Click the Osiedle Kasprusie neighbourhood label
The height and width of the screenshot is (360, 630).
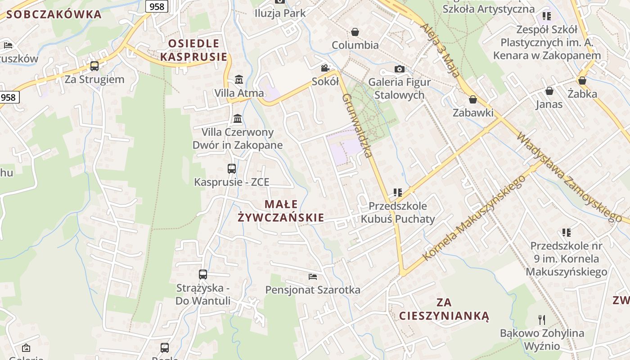(194, 50)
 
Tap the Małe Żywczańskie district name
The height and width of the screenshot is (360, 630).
(281, 211)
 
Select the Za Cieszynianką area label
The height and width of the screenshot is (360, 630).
(444, 309)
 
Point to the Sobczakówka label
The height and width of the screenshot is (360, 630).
(54, 14)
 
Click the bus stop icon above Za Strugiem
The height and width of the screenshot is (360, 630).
(94, 66)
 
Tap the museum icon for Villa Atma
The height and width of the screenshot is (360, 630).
(239, 80)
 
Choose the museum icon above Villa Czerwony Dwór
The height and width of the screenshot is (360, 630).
(238, 119)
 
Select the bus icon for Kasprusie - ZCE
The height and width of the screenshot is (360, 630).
(232, 169)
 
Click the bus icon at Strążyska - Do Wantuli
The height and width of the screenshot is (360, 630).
(203, 274)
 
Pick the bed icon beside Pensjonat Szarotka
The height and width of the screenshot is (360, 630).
(313, 276)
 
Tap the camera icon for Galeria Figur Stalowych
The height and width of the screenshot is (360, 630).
(399, 69)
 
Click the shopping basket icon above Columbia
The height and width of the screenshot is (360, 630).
(355, 32)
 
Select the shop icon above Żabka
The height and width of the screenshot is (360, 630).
(582, 81)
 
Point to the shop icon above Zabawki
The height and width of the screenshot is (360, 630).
(473, 99)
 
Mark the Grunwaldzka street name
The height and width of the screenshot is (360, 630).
(357, 126)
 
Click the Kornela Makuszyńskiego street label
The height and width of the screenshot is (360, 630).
(475, 218)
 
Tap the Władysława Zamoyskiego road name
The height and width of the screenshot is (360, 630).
(569, 176)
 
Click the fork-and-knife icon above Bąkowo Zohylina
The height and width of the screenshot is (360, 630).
(542, 320)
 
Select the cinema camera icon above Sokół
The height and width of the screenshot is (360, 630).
(325, 68)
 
